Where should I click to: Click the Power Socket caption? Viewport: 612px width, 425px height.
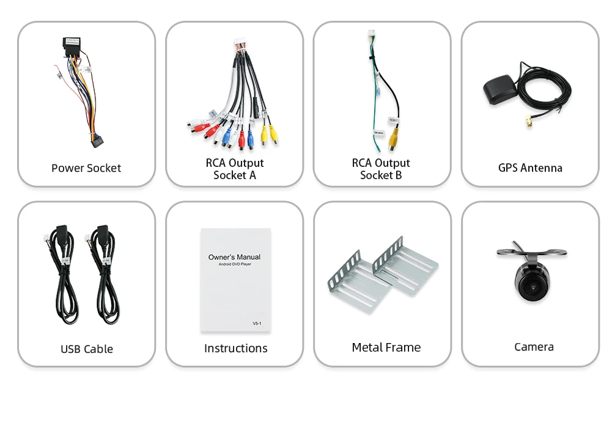[x=86, y=168]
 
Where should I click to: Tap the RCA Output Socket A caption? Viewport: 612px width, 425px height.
[x=235, y=169]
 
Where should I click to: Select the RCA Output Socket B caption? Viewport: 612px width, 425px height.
[x=381, y=169]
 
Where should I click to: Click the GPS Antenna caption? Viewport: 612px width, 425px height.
[x=530, y=168]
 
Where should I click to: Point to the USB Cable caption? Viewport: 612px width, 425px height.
[x=87, y=349]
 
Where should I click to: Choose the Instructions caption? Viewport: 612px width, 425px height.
[x=235, y=349]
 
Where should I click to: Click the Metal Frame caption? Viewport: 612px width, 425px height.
[x=386, y=347]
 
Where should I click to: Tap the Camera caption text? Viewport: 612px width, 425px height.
[x=534, y=347]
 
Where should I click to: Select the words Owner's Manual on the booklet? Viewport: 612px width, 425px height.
[x=234, y=257]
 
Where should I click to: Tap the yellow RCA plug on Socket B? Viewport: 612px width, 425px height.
[x=391, y=139]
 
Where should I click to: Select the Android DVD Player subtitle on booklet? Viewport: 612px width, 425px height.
[x=234, y=264]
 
